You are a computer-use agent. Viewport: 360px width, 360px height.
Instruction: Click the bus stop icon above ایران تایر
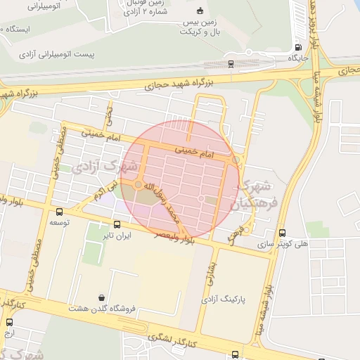(x=117, y=225)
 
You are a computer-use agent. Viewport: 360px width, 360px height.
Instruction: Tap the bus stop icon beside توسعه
(x=58, y=211)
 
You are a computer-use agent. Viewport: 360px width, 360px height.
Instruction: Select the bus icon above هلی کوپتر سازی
(x=282, y=233)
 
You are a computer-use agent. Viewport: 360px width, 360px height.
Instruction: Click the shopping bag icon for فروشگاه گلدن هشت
(x=103, y=297)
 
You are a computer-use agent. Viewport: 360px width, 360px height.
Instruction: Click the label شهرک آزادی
(x=103, y=168)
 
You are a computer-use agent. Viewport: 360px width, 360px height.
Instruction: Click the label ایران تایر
(x=117, y=236)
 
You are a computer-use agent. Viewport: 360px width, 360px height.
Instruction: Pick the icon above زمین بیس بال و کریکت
(x=199, y=10)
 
